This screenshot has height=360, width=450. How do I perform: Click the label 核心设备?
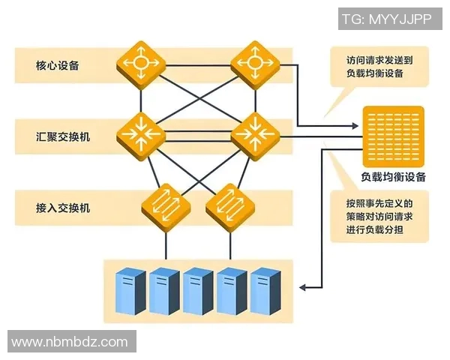[58, 65]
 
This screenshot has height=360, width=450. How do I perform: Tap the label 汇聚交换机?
[62, 136]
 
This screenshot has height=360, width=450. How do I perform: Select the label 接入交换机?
[62, 207]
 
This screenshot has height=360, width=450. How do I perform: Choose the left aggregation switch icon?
[140, 134]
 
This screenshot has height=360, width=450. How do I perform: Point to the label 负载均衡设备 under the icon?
[393, 178]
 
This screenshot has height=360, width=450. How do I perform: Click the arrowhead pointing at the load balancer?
[357, 124]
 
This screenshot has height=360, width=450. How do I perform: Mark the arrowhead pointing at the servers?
[303, 286]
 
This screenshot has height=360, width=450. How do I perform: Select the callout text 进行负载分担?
[374, 229]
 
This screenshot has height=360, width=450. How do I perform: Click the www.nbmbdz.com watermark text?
[70, 342]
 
